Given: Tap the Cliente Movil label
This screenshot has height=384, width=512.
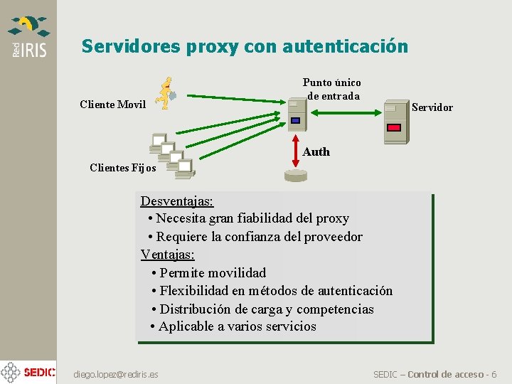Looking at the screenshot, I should [112, 105].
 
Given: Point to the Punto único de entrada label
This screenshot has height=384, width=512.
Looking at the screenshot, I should [331, 89].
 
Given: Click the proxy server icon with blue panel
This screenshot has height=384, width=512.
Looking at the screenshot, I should [297, 114].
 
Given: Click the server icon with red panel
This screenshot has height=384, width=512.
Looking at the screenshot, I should [395, 121].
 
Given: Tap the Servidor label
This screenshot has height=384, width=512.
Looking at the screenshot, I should [432, 107].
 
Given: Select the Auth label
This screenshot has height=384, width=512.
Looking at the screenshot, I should [316, 151].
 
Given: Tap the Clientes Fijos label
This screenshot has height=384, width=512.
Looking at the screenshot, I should [123, 168].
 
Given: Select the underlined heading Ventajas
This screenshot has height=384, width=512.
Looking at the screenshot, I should [167, 254].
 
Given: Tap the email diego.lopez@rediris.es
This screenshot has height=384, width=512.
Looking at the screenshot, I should [116, 374].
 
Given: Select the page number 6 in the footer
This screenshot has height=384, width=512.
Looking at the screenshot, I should [494, 374].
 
